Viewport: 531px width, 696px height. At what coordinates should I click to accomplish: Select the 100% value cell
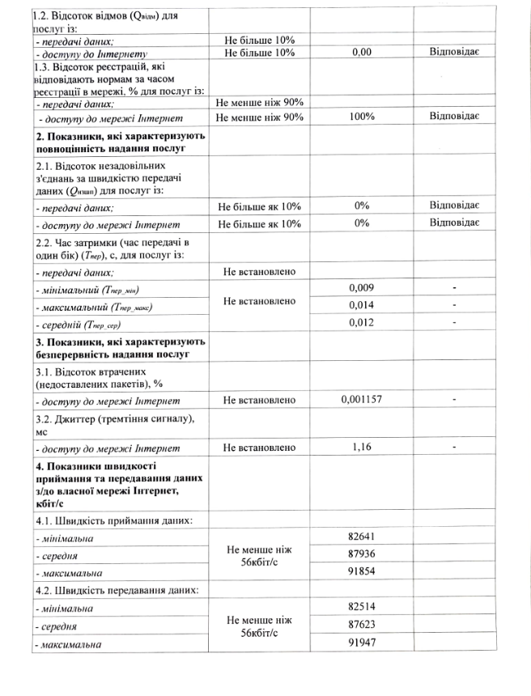362,117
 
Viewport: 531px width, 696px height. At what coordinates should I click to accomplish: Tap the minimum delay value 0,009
362,287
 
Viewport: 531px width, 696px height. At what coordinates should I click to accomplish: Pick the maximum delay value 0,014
362,306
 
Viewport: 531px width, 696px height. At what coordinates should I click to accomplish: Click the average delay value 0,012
362,324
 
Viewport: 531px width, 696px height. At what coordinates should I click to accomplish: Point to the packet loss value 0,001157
362,400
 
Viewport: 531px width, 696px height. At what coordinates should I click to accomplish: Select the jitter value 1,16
362,447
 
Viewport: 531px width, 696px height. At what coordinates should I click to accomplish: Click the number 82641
362,537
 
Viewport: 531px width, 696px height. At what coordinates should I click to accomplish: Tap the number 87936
362,555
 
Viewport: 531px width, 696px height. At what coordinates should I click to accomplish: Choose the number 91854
362,572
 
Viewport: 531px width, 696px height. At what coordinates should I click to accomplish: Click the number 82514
362,607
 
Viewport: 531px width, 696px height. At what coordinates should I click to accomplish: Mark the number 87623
362,625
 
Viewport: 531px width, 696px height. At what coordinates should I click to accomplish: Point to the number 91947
362,643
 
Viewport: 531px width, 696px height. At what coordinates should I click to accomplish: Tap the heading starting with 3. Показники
120,347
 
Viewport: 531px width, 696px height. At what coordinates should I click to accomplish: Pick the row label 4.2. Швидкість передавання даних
117,589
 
